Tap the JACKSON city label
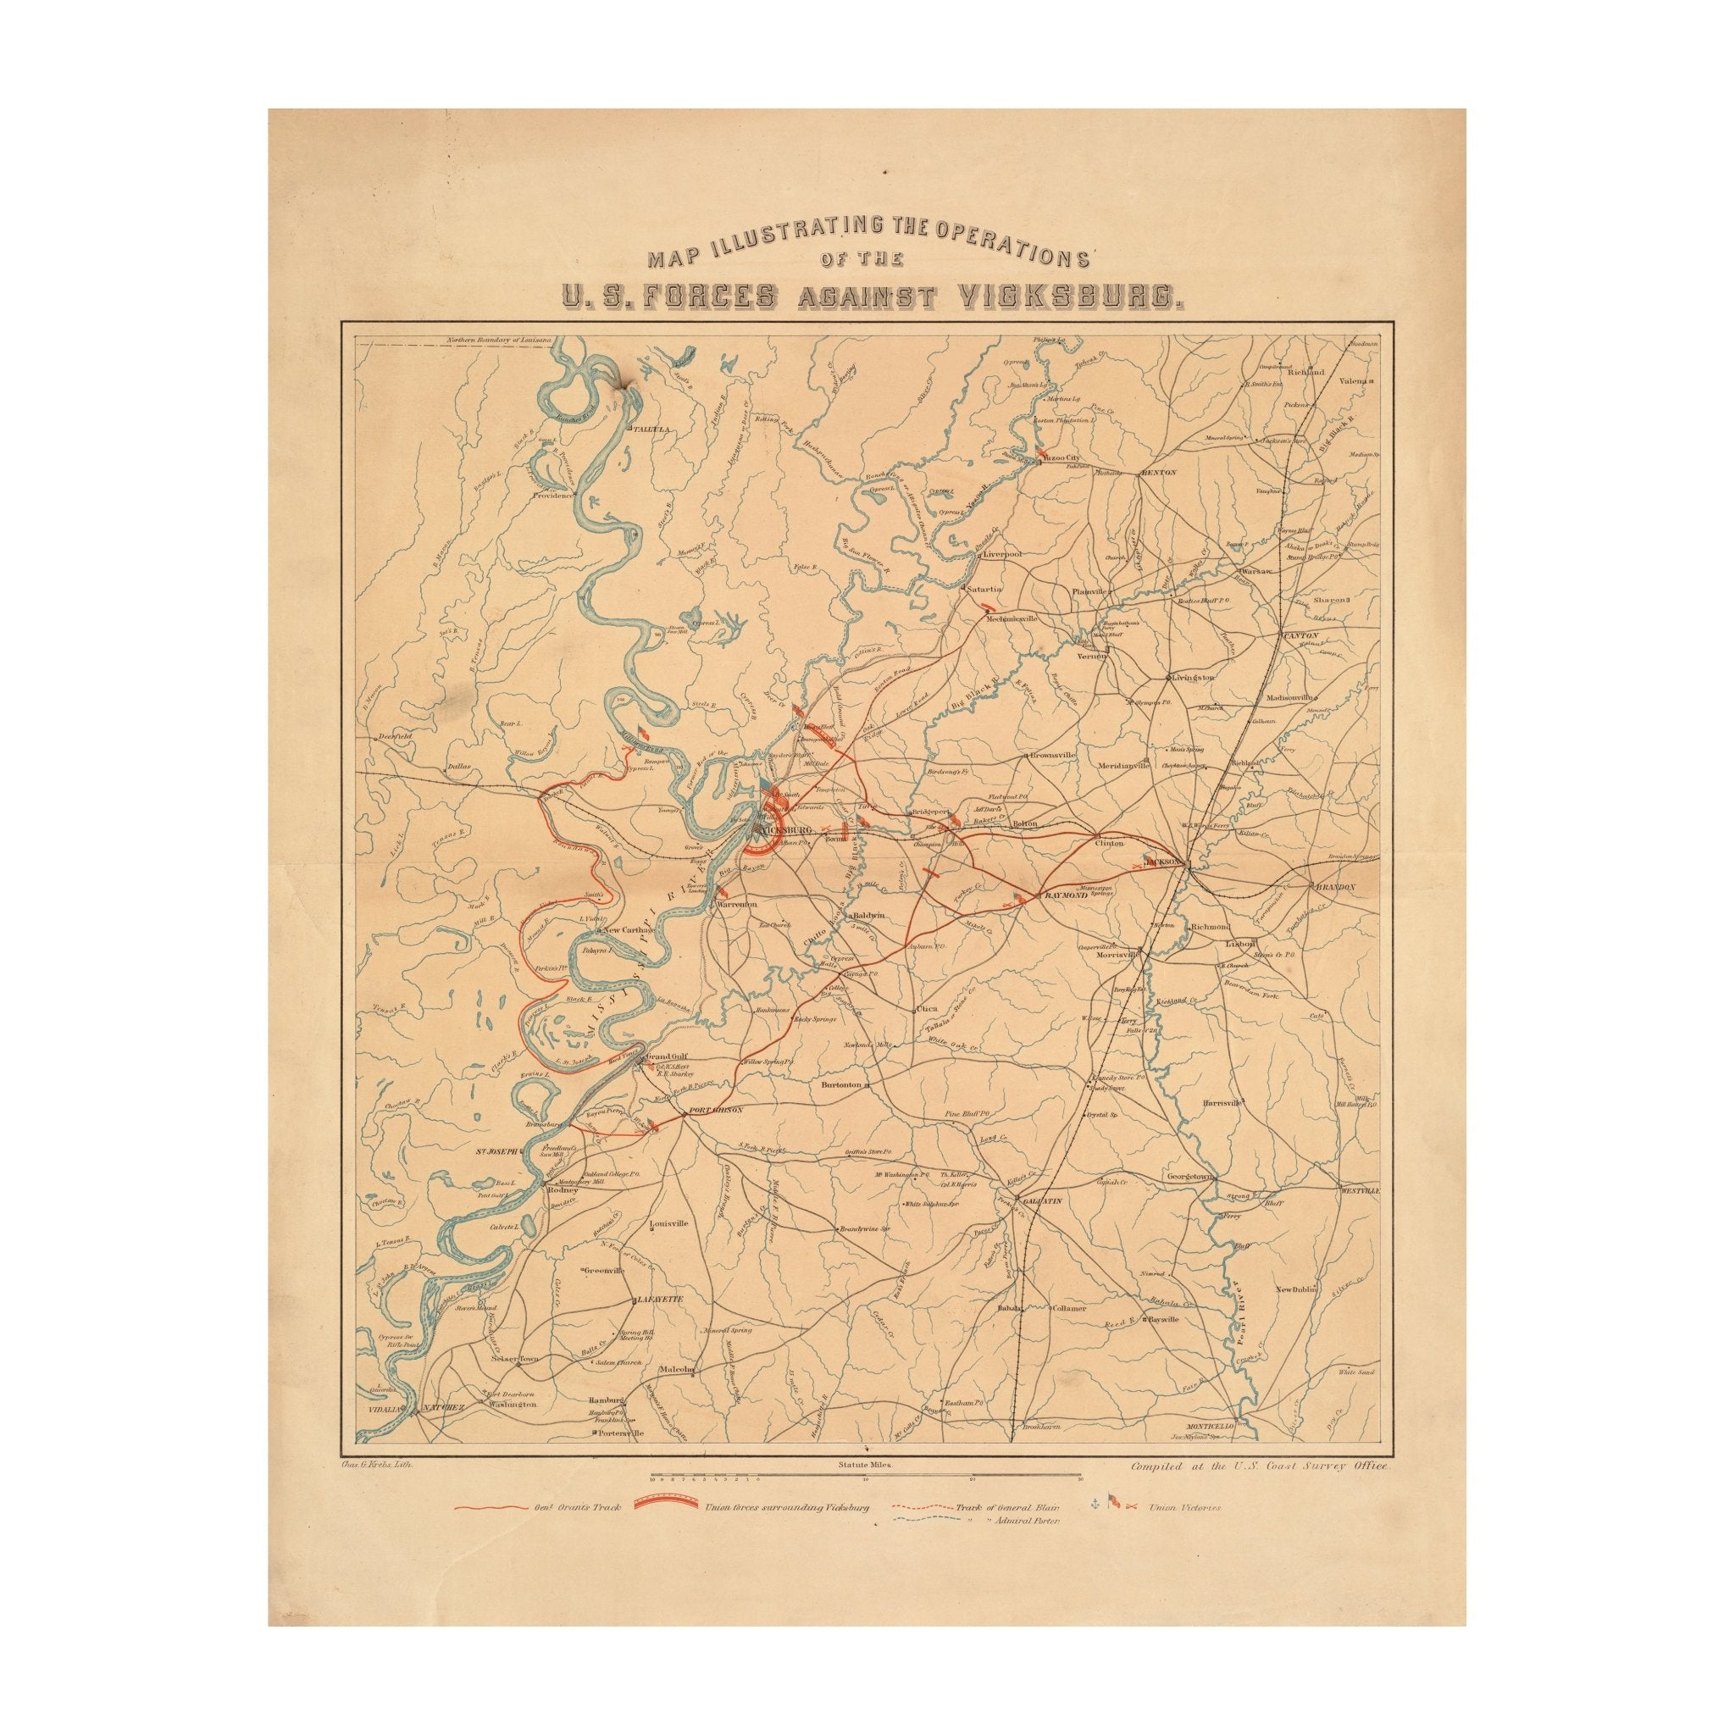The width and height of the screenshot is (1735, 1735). [1166, 861]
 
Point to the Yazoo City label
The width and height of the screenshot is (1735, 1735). [1062, 457]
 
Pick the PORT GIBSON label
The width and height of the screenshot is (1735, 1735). [715, 1111]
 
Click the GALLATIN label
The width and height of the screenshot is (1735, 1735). [1040, 1200]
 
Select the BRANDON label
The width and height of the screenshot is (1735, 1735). [1333, 886]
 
